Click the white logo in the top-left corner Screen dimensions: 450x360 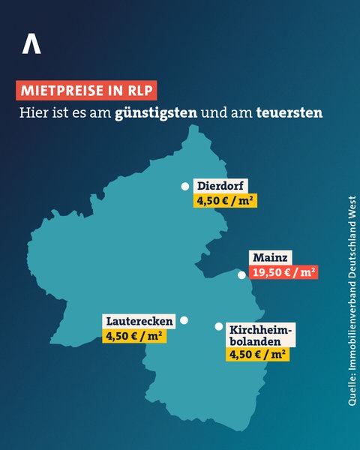pos(31,43)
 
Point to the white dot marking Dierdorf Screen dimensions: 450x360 pos(183,187)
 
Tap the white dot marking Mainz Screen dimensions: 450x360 pos(241,274)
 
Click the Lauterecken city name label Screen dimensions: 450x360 pos(139,321)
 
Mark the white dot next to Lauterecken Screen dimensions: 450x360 pos(184,320)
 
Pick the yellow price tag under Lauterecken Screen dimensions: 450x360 pos(133,336)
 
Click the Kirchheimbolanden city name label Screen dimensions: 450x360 pos(261,335)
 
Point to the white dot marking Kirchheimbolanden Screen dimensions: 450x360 pos(218,327)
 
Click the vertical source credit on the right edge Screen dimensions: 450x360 pos(351,301)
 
